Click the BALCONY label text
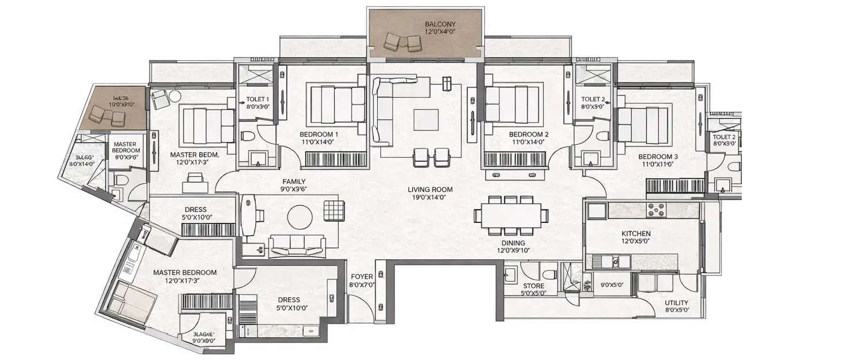[440, 24]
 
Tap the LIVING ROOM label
[430, 189]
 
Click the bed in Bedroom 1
[338, 103]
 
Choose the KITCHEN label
[636, 233]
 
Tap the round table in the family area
[300, 217]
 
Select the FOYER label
[361, 276]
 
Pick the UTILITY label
[675, 302]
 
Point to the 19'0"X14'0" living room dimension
[430, 197]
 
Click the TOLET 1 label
[257, 98]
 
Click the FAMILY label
[293, 181]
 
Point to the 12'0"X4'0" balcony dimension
[440, 32]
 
